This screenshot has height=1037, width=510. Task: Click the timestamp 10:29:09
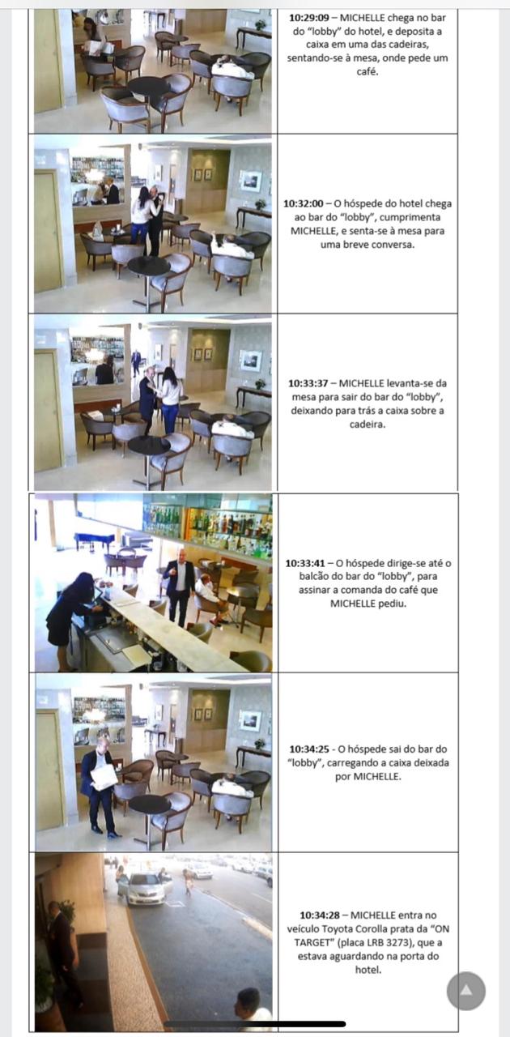click(309, 18)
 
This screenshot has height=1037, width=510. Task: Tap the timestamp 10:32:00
click(303, 203)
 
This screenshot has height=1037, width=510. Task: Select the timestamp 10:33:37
click(308, 383)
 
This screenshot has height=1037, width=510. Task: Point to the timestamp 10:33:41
click(305, 563)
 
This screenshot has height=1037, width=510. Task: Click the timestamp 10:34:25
click(309, 749)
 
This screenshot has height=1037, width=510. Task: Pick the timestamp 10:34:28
click(320, 915)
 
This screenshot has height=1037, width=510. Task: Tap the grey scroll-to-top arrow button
click(466, 991)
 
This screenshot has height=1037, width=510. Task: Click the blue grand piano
click(95, 540)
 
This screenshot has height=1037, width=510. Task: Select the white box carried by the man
click(104, 777)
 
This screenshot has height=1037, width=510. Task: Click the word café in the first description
click(368, 72)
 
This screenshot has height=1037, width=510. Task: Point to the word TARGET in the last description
click(312, 942)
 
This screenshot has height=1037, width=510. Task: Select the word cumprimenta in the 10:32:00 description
click(410, 217)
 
